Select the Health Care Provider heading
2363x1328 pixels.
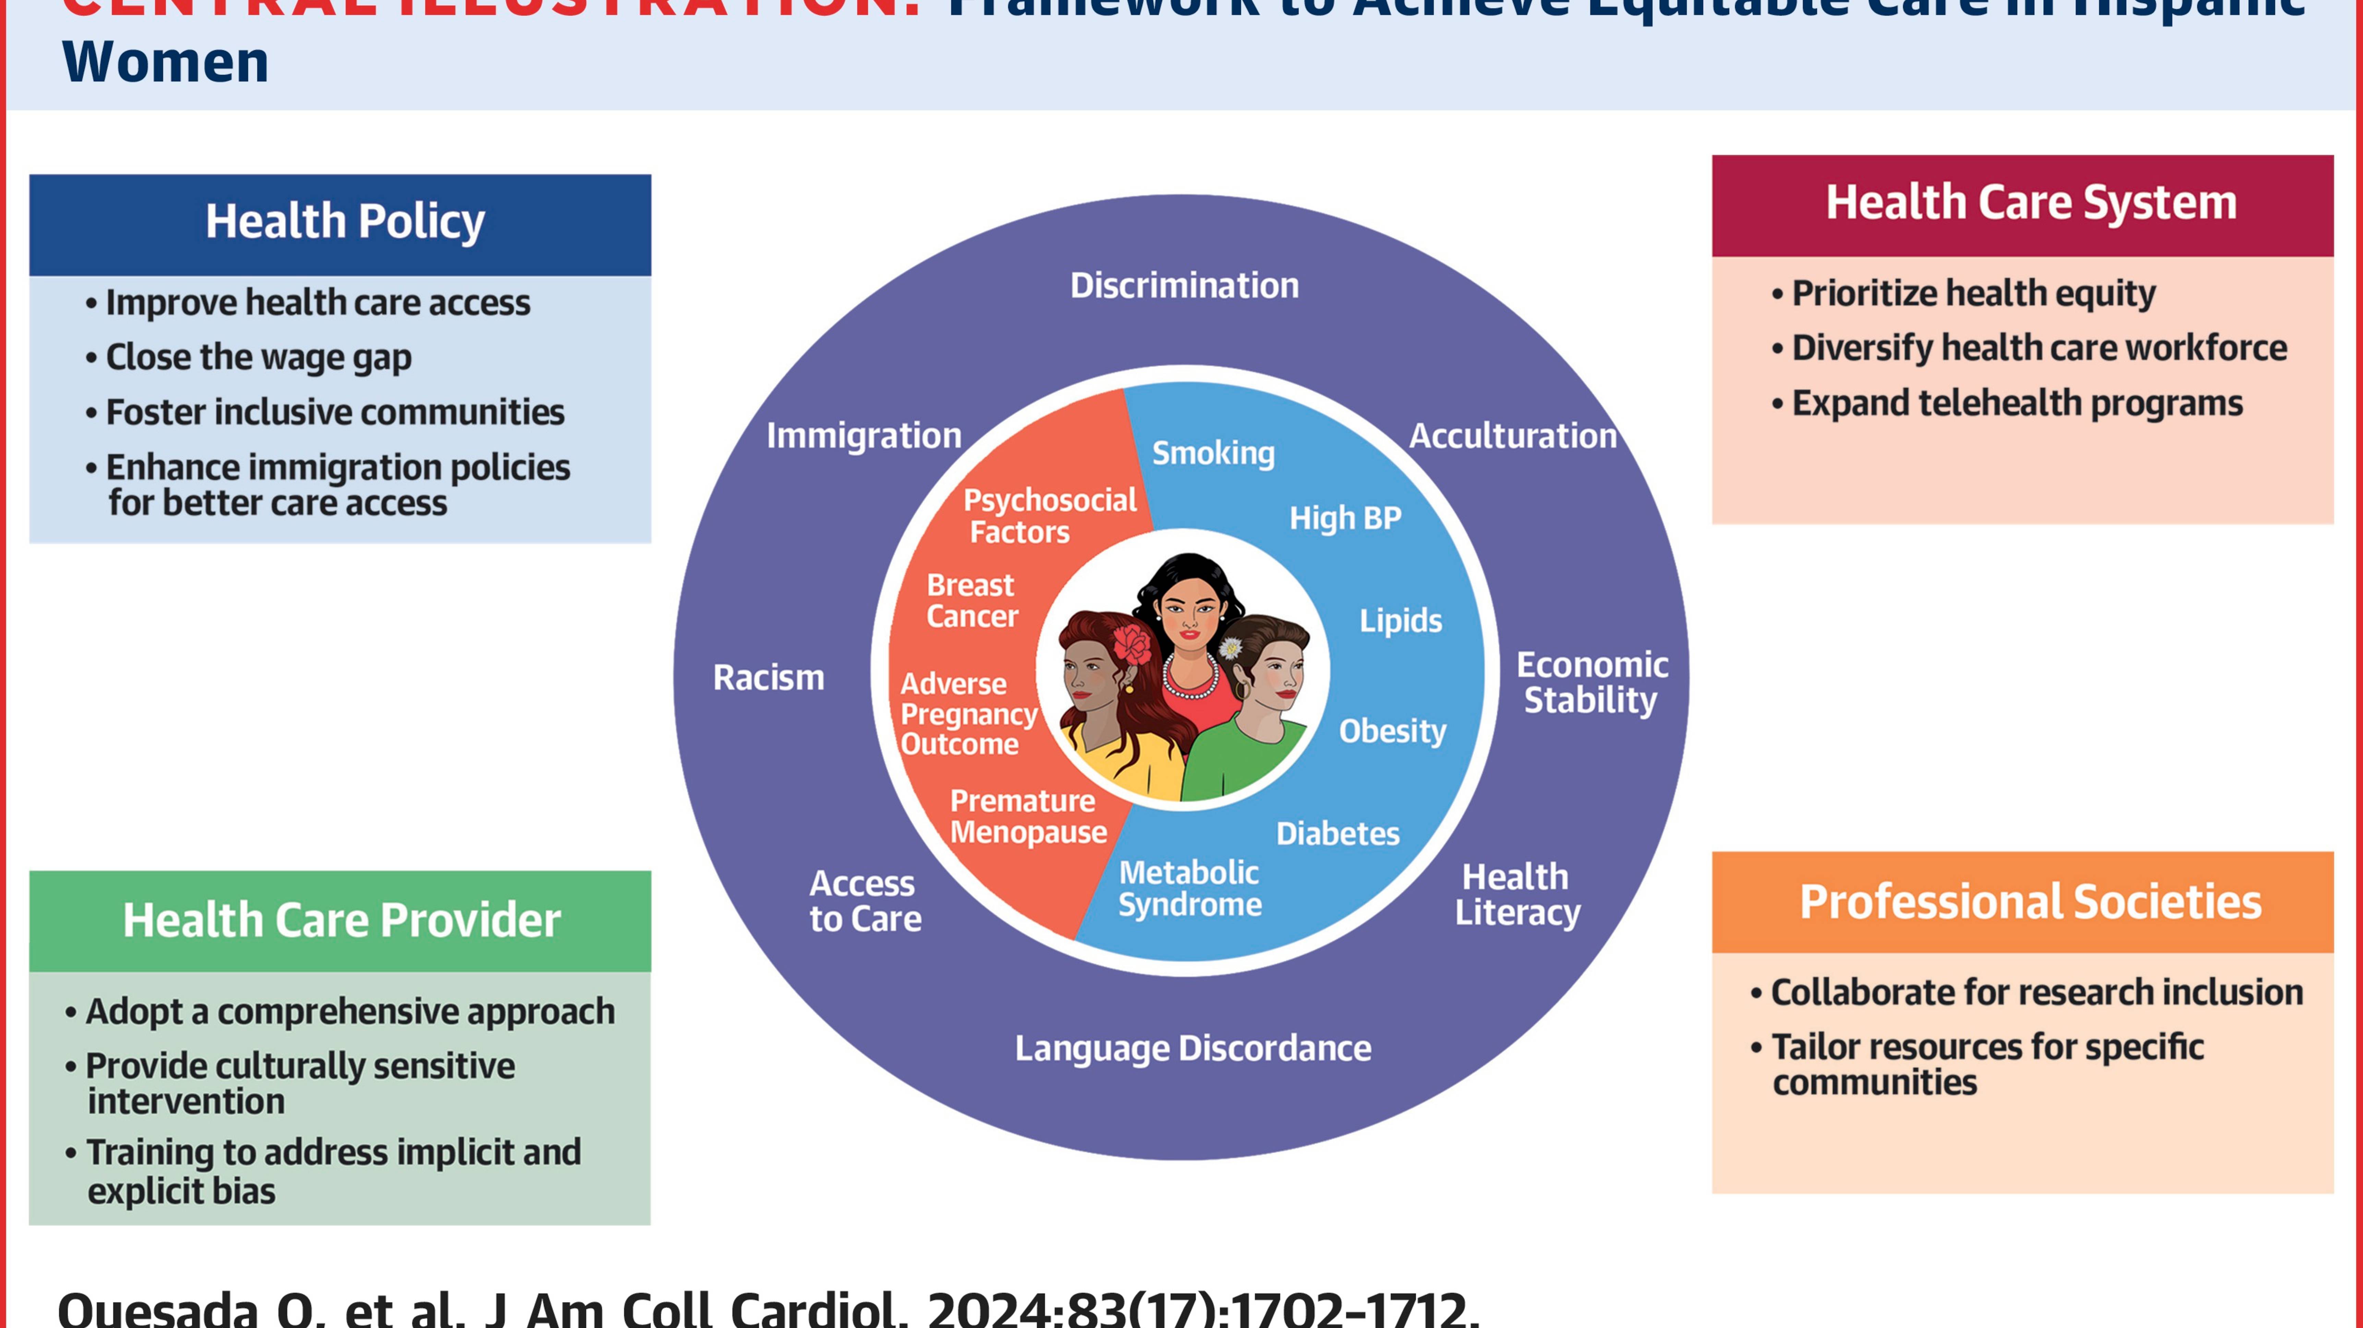click(341, 920)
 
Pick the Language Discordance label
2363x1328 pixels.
click(1192, 1048)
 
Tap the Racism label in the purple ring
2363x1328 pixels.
click(769, 678)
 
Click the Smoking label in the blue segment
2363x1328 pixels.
click(1213, 453)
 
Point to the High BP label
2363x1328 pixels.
click(1345, 518)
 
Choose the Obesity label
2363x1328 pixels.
click(1392, 731)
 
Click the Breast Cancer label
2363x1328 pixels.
click(971, 601)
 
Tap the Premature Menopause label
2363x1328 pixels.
click(1028, 816)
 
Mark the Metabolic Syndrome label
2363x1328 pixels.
click(1190, 889)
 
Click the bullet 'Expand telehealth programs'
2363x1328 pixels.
click(2016, 403)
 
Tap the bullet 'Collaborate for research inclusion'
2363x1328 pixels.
click(2036, 992)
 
